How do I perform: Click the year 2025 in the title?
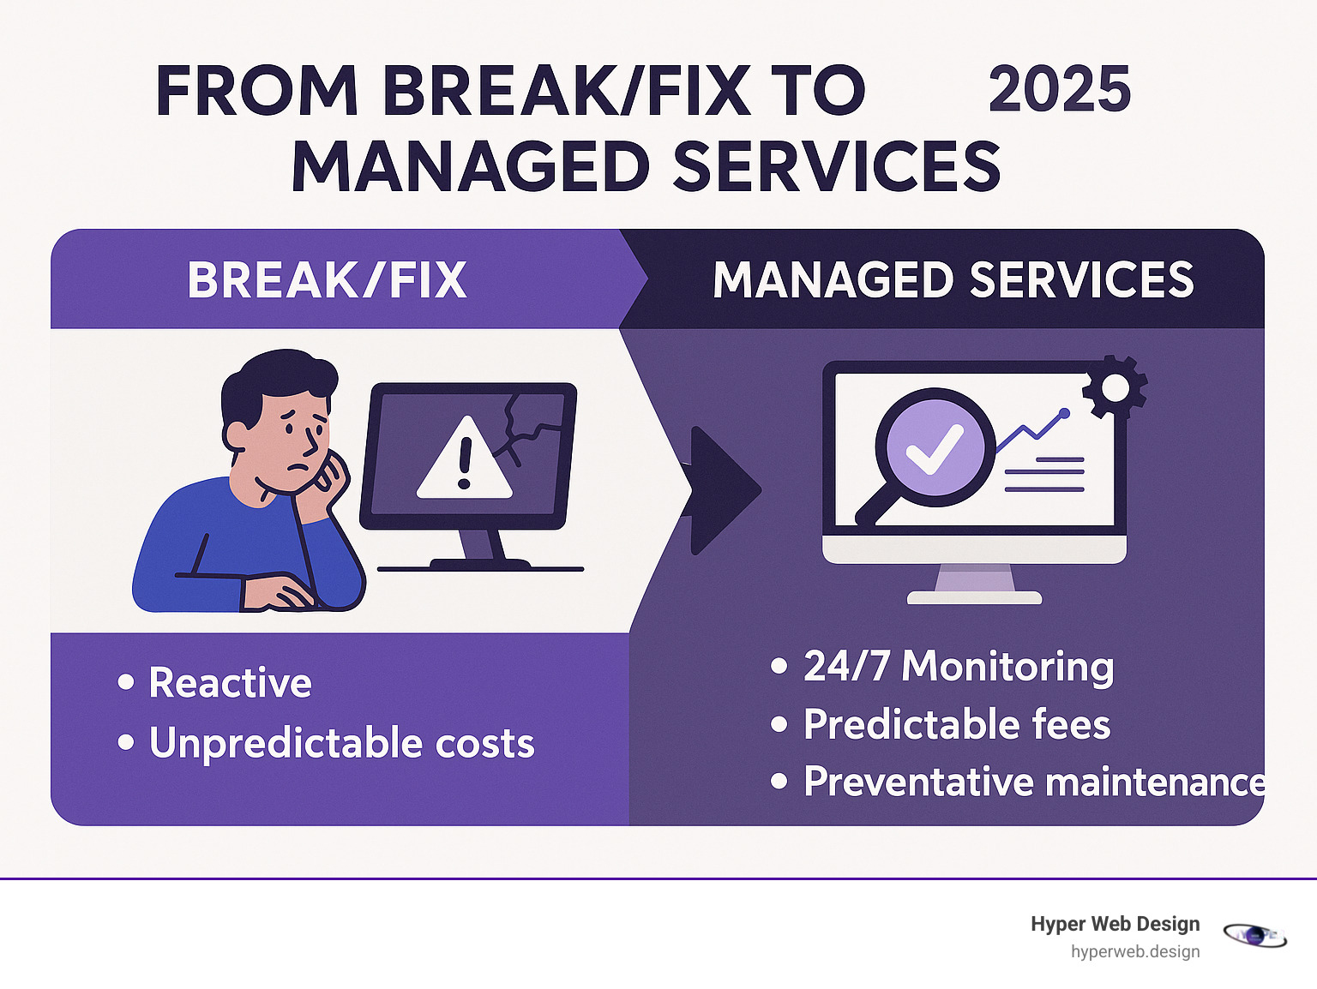pos(1060,89)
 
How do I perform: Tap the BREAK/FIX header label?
pos(327,279)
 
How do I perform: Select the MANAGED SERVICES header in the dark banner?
pos(953,279)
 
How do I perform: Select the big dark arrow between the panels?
pos(723,490)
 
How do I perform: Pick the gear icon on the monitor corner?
pos(1115,387)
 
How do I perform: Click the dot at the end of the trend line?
pos(1064,413)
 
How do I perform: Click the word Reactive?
pos(231,682)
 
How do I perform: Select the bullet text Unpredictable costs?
pos(341,742)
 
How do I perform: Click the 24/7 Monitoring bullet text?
pos(959,666)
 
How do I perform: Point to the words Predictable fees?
pos(957,724)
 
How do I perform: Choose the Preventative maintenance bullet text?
pos(1034,782)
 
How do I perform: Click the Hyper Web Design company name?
pos(1116,924)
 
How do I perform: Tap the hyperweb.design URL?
pos(1135,952)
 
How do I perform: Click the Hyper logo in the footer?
pos(1255,935)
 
